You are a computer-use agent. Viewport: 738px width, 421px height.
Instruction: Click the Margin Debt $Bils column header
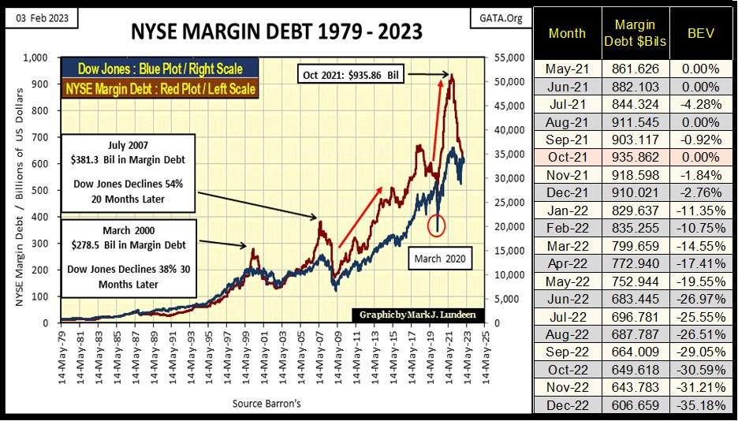(x=635, y=34)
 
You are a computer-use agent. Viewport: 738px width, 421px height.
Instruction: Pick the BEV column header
(x=701, y=34)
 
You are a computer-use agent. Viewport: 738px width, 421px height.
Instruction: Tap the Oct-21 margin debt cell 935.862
(x=635, y=158)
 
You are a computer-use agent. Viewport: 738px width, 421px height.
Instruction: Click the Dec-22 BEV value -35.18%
(x=701, y=405)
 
